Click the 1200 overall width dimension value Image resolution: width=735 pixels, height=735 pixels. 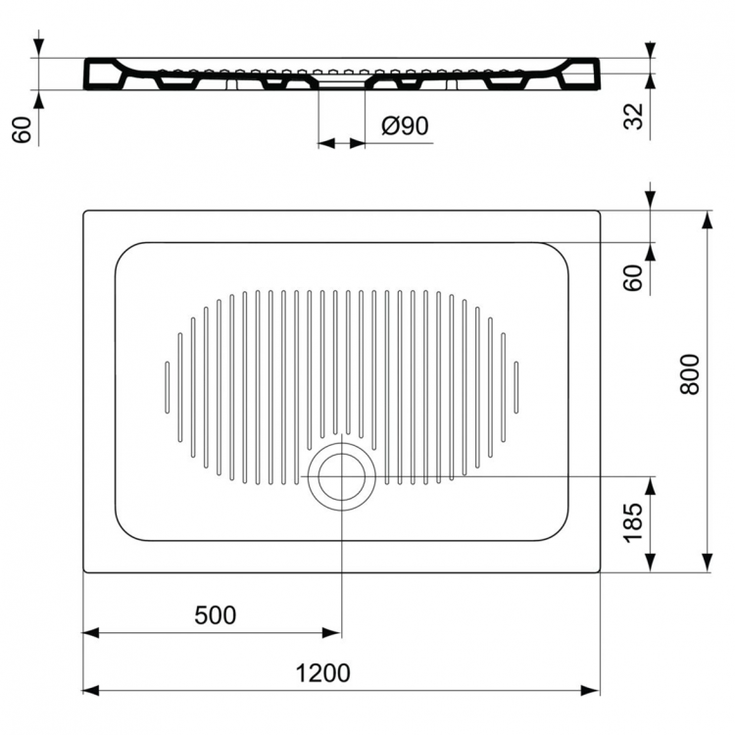tap(322, 673)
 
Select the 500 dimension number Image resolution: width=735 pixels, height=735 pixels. tap(215, 615)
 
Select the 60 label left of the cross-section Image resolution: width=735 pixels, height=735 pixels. tap(22, 128)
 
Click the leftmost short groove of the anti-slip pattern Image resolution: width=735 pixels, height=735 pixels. tap(167, 387)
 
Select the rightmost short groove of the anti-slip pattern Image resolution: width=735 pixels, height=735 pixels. tap(515, 387)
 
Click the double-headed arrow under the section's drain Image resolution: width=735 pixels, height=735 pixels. tap(342, 143)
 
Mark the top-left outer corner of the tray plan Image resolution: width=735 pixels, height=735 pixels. tap(85, 212)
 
